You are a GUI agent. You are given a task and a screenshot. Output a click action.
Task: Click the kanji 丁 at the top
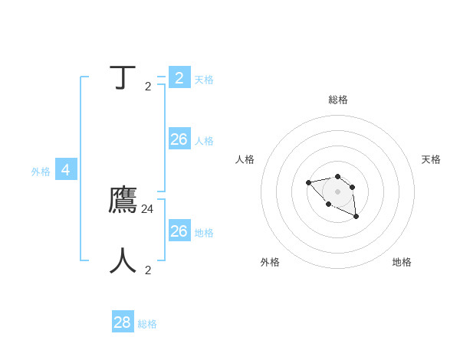pos(123,78)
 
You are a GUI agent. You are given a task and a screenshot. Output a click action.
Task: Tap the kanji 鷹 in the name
pos(123,200)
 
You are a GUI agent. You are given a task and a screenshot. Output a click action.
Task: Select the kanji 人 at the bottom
pos(123,260)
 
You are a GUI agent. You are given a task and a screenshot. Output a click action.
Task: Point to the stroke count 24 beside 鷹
pos(148,208)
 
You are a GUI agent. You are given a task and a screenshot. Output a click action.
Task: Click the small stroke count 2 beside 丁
pos(148,87)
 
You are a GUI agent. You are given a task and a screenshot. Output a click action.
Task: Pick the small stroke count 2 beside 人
pos(148,270)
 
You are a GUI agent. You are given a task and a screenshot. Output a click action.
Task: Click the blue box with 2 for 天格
pos(179,77)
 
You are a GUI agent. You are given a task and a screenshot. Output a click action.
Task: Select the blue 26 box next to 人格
pos(179,139)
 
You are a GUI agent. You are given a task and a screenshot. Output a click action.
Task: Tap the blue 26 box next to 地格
pos(179,231)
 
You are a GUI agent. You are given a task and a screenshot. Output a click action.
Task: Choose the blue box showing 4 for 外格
pos(66,170)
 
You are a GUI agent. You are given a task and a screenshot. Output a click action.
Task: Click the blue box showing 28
pos(123,322)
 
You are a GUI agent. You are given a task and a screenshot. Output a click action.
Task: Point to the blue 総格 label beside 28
pos(147,324)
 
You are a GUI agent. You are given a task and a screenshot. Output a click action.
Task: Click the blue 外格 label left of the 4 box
pos(41,172)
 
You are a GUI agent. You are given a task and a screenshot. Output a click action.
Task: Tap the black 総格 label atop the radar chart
pos(338,100)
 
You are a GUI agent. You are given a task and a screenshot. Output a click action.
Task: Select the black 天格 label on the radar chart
pos(431,159)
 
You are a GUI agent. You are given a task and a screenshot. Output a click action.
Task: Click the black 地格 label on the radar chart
pos(402,262)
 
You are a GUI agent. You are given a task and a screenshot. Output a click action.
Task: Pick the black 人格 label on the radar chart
pos(245,159)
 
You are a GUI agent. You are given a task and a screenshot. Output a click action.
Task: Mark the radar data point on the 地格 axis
pos(356,217)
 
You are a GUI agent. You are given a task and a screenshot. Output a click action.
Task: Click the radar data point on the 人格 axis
pos(308,182)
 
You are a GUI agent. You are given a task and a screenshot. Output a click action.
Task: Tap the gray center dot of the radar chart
pos(338,191)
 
